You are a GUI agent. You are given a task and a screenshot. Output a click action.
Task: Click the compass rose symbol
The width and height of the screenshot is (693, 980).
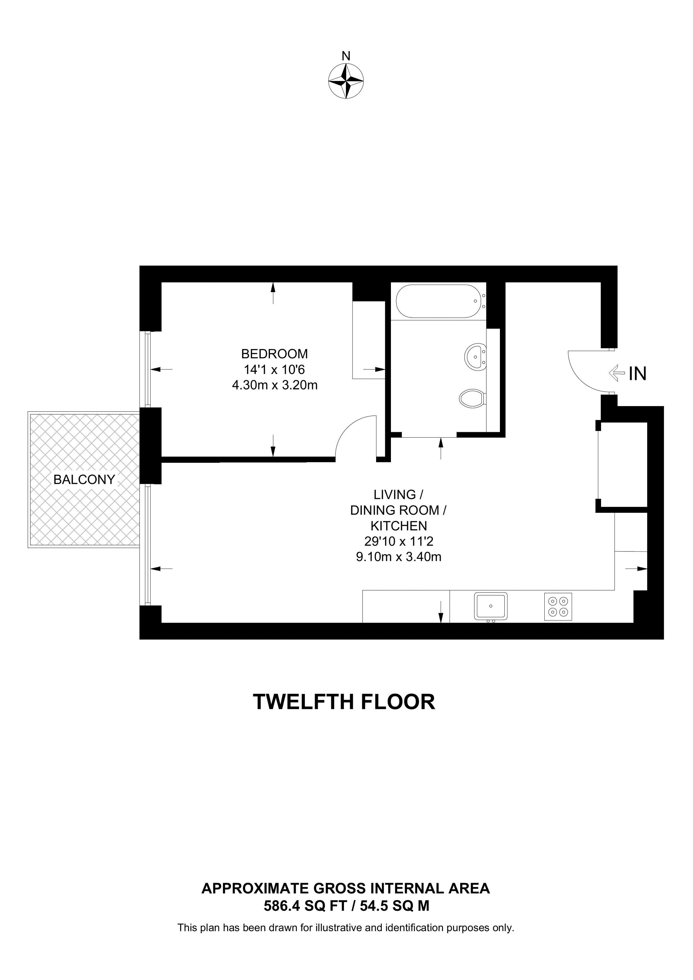[x=346, y=81]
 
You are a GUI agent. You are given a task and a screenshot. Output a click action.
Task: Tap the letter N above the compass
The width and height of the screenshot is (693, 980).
[x=346, y=56]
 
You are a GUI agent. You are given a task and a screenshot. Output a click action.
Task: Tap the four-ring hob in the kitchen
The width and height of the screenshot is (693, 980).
[x=558, y=607]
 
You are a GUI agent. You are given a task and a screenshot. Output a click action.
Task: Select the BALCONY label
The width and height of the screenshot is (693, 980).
[x=84, y=480]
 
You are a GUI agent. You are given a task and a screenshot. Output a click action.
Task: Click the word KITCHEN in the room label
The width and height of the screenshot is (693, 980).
[x=399, y=526]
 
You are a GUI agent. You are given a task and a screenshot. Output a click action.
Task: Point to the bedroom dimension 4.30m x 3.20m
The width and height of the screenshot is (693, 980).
[x=275, y=385]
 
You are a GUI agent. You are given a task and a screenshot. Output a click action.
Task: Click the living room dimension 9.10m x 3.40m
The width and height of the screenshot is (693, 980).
[x=399, y=557]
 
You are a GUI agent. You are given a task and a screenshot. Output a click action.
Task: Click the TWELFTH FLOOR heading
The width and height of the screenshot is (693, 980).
[x=344, y=702]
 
